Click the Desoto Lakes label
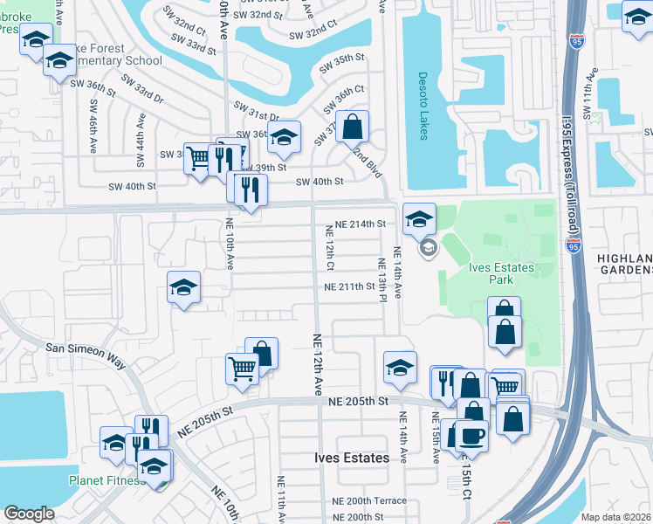coord(423,98)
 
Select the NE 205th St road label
coord(359,401)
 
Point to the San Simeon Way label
coord(87,347)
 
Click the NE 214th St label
coord(361,224)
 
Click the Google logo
coord(29,514)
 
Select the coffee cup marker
coord(471,434)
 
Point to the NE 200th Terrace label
coord(369,500)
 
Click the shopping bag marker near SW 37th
coord(351,128)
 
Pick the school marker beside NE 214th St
coord(419,219)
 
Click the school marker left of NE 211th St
coord(184,288)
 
